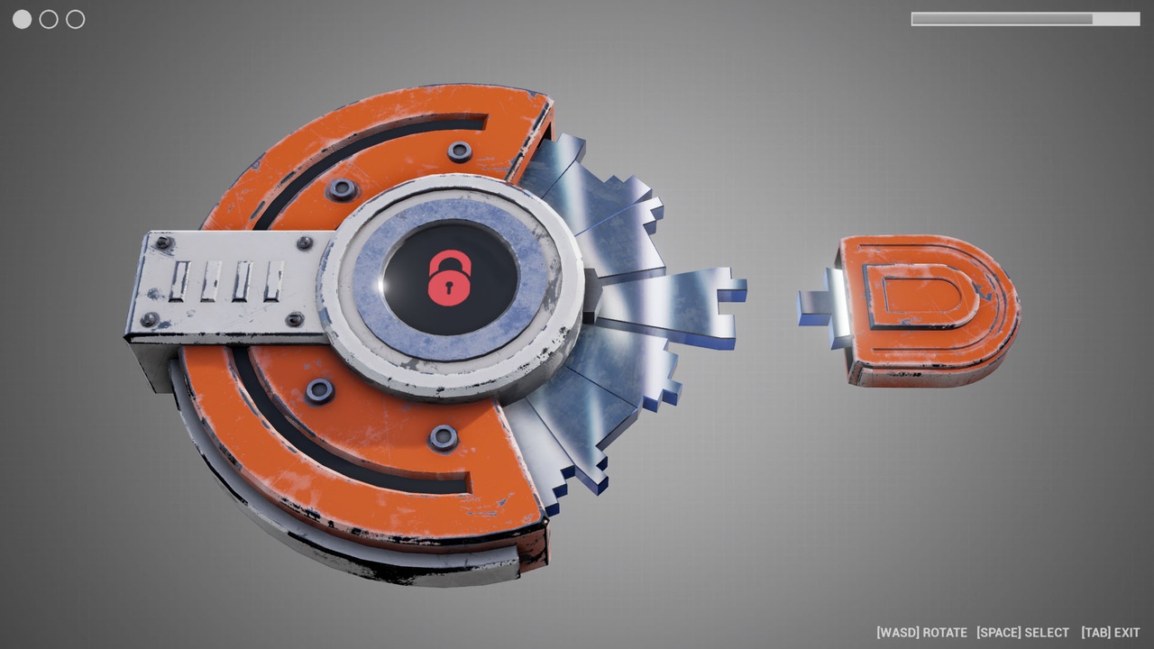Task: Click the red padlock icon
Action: tap(450, 279)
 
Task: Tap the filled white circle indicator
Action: tap(23, 20)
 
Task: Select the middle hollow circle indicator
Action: tap(49, 20)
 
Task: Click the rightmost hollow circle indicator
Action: tap(76, 20)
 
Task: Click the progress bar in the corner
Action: tap(1025, 19)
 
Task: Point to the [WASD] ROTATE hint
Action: tap(921, 633)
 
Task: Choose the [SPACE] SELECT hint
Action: tap(1022, 633)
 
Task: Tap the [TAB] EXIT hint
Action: tap(1110, 633)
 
